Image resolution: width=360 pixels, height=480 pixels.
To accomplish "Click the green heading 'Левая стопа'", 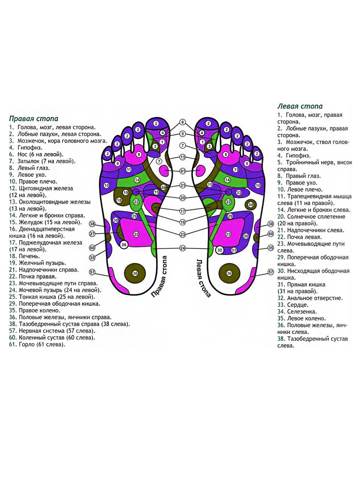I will (x=300, y=106).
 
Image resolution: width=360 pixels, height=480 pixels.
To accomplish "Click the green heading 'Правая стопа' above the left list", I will (x=34, y=119).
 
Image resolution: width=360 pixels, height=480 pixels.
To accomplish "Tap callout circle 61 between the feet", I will (x=183, y=171).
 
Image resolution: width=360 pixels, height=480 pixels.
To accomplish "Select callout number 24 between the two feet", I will (x=183, y=248).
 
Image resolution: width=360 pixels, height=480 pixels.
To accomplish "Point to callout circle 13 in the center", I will (x=183, y=157).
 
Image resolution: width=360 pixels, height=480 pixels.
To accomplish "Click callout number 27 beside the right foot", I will (x=92, y=234).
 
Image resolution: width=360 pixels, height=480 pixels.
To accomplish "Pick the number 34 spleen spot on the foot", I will (x=251, y=205).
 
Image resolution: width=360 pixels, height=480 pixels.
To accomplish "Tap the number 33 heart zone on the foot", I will (x=239, y=193).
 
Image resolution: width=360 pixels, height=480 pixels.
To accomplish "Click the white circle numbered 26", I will (x=124, y=245).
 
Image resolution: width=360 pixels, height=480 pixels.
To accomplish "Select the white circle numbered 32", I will (x=220, y=250).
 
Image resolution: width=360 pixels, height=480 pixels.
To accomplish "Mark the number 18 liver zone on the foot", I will (x=119, y=200).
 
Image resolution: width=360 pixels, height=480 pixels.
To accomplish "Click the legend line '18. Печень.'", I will (x=24, y=256).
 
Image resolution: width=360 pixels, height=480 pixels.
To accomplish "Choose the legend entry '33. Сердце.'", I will (x=293, y=305).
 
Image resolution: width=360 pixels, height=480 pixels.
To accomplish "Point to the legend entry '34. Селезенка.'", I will (x=297, y=312).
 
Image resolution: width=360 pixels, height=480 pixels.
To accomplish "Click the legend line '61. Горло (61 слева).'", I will (x=37, y=344).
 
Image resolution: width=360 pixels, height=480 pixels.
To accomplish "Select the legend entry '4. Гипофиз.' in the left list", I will (x=26, y=148).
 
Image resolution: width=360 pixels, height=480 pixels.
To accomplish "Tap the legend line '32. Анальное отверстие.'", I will (x=310, y=298).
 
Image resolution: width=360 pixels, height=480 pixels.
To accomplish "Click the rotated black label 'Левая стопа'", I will (x=203, y=278).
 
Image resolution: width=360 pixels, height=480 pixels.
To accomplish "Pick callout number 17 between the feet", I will (x=183, y=211).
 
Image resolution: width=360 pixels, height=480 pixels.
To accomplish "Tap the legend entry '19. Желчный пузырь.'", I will (x=37, y=263).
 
